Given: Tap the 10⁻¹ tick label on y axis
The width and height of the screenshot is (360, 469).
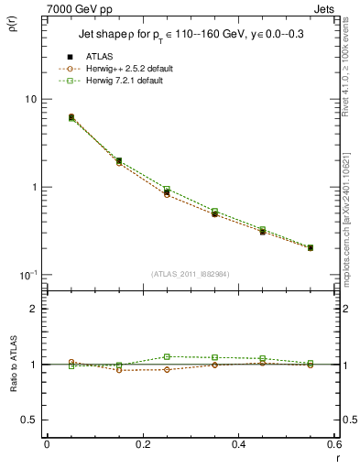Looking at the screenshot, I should click(x=27, y=275).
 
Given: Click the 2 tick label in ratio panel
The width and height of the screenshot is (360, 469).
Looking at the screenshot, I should click(x=33, y=309).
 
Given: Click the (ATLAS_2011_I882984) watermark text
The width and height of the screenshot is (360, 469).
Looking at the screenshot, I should click(x=191, y=273).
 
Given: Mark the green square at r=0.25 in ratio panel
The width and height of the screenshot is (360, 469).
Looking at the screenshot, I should click(x=167, y=356).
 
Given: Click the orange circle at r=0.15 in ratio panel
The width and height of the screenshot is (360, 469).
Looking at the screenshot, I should click(x=119, y=370).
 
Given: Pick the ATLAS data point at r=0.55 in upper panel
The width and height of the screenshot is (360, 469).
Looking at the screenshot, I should click(x=311, y=247).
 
